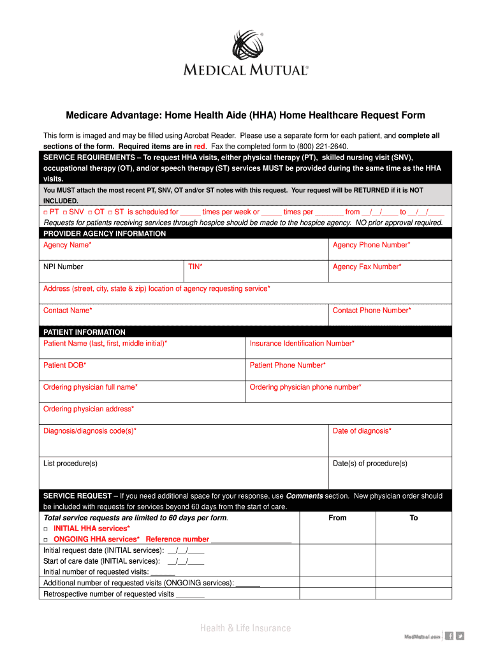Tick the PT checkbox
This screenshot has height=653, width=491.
(x=46, y=212)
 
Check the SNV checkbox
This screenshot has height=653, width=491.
(x=64, y=212)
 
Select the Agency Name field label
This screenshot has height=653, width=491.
(x=67, y=245)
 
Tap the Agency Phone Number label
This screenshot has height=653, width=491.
(x=371, y=245)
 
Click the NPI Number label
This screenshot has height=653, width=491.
(x=63, y=267)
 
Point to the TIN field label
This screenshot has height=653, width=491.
(x=195, y=267)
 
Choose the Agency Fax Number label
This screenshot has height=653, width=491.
(x=367, y=267)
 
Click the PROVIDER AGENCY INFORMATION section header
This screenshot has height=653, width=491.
(x=105, y=233)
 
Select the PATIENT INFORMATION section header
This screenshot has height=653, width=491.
(x=84, y=332)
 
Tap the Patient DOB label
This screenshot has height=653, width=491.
(x=64, y=365)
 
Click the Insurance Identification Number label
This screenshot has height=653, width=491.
(x=302, y=344)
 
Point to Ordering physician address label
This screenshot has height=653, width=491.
(x=89, y=409)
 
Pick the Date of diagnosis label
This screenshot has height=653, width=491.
(x=362, y=431)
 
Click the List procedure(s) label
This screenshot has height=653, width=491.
(x=70, y=464)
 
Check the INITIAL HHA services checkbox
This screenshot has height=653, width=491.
(x=46, y=529)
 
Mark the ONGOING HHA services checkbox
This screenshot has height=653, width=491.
(x=46, y=539)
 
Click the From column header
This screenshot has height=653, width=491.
(x=337, y=518)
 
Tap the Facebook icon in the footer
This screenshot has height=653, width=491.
(x=449, y=636)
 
